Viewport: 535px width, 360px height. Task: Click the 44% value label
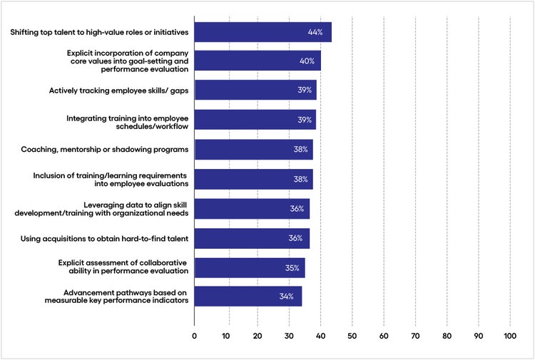point(315,32)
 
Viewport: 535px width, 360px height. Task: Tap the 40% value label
point(307,61)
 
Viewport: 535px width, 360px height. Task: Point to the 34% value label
point(287,297)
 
